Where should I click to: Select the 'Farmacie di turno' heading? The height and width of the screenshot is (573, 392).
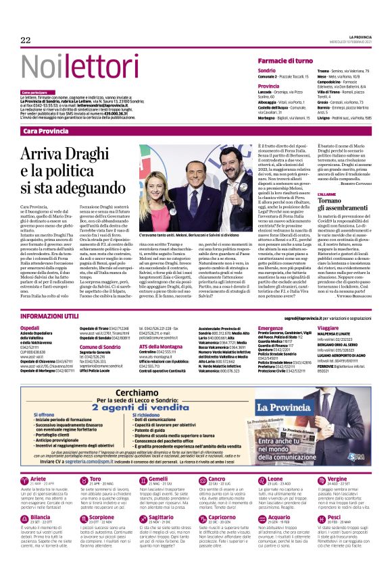point(290,61)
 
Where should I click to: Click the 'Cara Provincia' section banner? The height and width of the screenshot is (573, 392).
point(49,130)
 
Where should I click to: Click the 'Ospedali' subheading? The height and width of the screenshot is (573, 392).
point(30,327)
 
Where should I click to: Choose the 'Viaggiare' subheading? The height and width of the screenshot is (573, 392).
point(329,327)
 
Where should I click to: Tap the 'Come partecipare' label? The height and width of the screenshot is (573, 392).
point(34,92)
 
